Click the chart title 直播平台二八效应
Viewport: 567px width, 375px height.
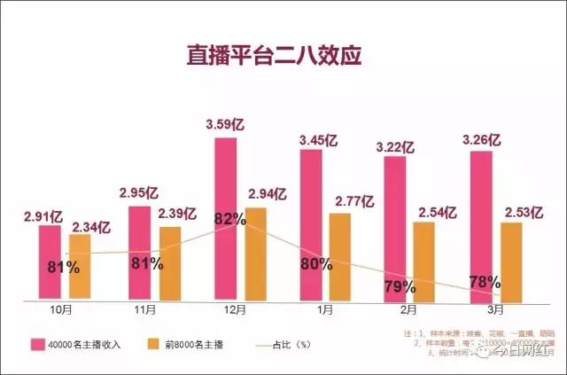click(x=275, y=54)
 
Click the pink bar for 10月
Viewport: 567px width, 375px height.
click(x=50, y=262)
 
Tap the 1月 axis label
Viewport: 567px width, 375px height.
click(x=325, y=310)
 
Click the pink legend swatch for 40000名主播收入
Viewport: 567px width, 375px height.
click(x=38, y=344)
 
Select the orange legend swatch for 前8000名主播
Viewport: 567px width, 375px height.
click(x=151, y=344)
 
